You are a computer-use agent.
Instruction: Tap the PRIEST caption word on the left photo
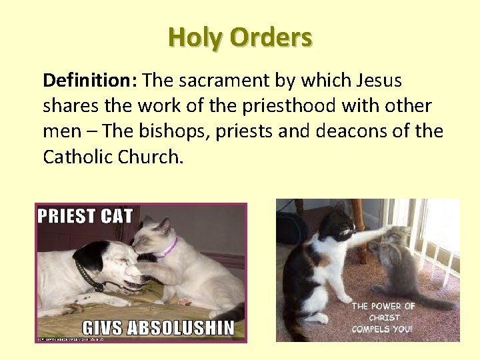point(65,216)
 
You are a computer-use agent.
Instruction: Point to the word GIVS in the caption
point(99,327)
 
